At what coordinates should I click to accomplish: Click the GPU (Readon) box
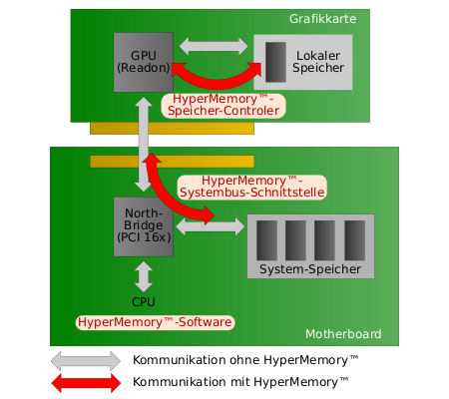(x=144, y=61)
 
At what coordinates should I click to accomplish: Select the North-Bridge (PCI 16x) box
(x=144, y=226)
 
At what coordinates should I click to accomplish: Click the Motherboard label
(x=342, y=333)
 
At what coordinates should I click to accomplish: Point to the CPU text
(x=144, y=301)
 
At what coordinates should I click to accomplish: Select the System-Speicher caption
(x=310, y=270)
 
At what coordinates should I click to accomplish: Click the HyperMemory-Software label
(x=155, y=322)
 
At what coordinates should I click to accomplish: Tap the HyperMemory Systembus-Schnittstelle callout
(x=251, y=186)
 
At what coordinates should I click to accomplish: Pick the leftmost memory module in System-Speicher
(x=266, y=240)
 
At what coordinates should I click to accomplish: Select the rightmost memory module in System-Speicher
(x=355, y=240)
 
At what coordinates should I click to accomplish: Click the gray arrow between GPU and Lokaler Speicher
(x=214, y=46)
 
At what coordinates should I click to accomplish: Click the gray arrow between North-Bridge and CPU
(x=144, y=276)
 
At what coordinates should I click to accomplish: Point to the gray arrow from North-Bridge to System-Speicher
(x=210, y=227)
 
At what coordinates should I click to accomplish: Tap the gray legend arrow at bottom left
(x=85, y=360)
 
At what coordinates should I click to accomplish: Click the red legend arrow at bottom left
(x=85, y=382)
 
